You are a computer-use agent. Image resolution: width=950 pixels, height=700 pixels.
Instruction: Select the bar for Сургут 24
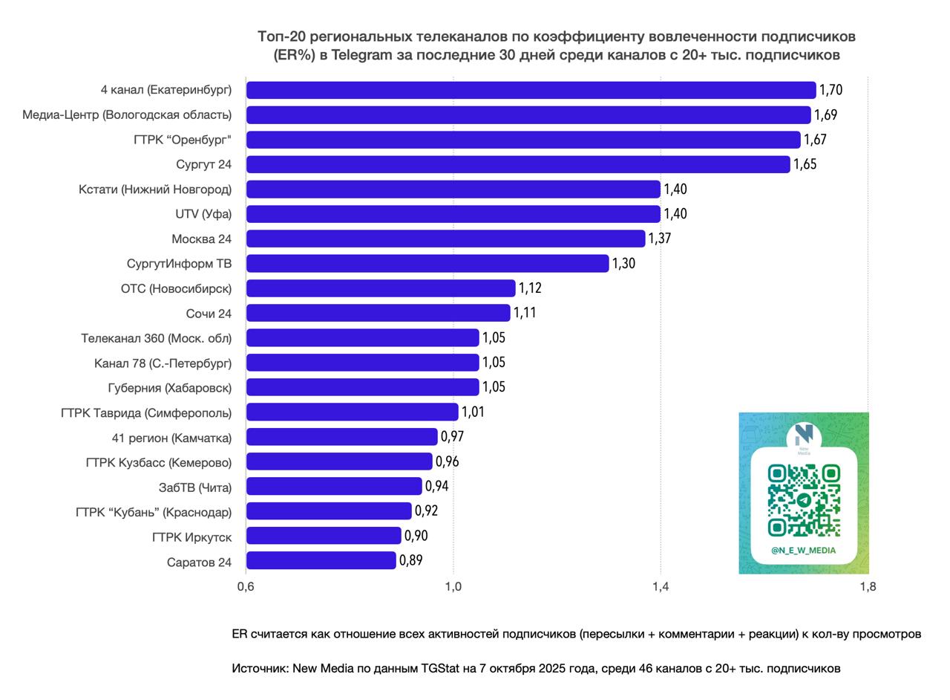point(517,164)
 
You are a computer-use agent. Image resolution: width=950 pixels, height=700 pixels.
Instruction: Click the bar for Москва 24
point(445,239)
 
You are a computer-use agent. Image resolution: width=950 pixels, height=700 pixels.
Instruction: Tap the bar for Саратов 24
point(321,560)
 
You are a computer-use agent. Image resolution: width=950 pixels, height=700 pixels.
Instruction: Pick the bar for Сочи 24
point(378,313)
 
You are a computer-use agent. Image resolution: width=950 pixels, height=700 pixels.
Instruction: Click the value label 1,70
point(831,90)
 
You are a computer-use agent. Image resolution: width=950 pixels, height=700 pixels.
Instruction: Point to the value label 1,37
point(659,239)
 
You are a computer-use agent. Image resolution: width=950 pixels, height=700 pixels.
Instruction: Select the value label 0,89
point(410,560)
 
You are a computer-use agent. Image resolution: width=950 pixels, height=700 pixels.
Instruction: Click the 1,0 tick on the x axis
point(453,586)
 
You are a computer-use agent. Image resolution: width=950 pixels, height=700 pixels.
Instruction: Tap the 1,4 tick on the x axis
point(660,586)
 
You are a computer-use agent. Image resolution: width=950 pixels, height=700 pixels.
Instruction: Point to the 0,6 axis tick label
point(246,586)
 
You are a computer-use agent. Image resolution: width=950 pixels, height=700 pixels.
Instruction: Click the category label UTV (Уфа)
point(203,214)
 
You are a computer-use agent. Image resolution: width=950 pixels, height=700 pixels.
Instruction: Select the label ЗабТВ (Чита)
point(195,487)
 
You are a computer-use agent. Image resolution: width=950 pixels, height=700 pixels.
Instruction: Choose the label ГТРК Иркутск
point(191,537)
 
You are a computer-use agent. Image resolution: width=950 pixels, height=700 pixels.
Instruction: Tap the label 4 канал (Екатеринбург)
point(166,90)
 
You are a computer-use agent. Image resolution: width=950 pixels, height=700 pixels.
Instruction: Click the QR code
point(804,500)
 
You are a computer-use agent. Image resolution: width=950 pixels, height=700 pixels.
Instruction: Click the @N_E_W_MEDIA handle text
point(803,551)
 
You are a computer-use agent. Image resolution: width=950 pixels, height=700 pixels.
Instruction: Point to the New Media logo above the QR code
point(804,437)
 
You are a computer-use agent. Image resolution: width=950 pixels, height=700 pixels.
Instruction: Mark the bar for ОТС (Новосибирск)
point(380,288)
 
